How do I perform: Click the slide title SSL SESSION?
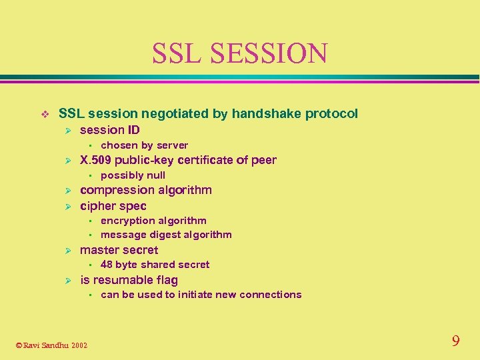pyautogui.click(x=239, y=53)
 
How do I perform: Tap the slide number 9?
pyautogui.click(x=455, y=341)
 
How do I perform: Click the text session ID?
pyautogui.click(x=110, y=129)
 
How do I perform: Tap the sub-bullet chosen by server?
pyautogui.click(x=144, y=145)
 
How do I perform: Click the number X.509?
pyautogui.click(x=95, y=160)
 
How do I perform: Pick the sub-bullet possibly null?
pyautogui.click(x=133, y=175)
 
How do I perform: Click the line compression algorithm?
pyautogui.click(x=145, y=190)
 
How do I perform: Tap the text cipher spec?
pyautogui.click(x=113, y=206)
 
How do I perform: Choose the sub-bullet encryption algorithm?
pyautogui.click(x=153, y=221)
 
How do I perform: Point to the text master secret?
pyautogui.click(x=119, y=250)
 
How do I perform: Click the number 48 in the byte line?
pyautogui.click(x=107, y=265)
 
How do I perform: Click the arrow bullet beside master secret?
pyautogui.click(x=67, y=251)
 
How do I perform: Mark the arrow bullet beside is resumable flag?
pyautogui.click(x=67, y=281)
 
